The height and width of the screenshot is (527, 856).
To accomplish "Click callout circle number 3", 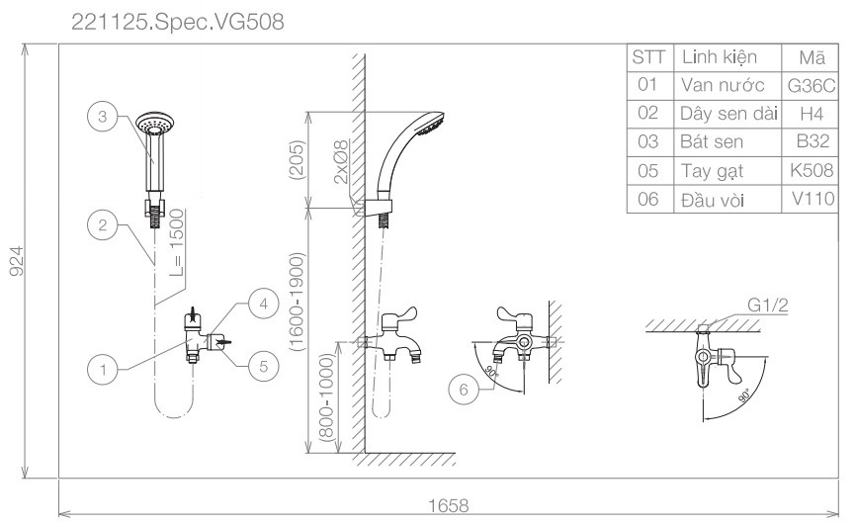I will (102, 117).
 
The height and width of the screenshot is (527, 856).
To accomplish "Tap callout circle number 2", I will (102, 224).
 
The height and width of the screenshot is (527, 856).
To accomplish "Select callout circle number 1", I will (102, 371).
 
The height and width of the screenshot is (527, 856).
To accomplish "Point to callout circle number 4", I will (262, 305).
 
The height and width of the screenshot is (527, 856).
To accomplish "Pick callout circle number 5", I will (262, 366).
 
